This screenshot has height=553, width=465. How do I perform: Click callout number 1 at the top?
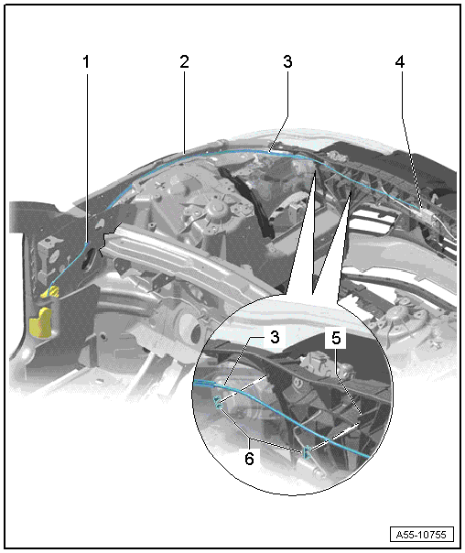click(x=86, y=62)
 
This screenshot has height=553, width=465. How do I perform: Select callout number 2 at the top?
click(x=184, y=61)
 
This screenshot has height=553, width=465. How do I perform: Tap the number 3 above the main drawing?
click(x=287, y=61)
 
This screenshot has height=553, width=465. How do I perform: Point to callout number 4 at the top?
click(x=399, y=62)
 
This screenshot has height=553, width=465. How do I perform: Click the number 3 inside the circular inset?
click(x=275, y=338)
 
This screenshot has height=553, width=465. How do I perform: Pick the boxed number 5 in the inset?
click(x=336, y=339)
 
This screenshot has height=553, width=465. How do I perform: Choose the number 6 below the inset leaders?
click(x=249, y=460)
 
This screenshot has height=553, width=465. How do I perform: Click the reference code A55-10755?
click(x=421, y=535)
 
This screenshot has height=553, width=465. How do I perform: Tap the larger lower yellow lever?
click(x=41, y=322)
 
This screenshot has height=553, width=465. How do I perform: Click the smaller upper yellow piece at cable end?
click(x=49, y=292)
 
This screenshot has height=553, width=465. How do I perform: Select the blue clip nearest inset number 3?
click(x=218, y=403)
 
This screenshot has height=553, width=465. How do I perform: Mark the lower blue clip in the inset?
click(x=307, y=452)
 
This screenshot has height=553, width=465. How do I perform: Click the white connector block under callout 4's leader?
click(x=427, y=214)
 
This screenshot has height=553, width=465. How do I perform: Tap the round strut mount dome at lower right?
click(x=399, y=313)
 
